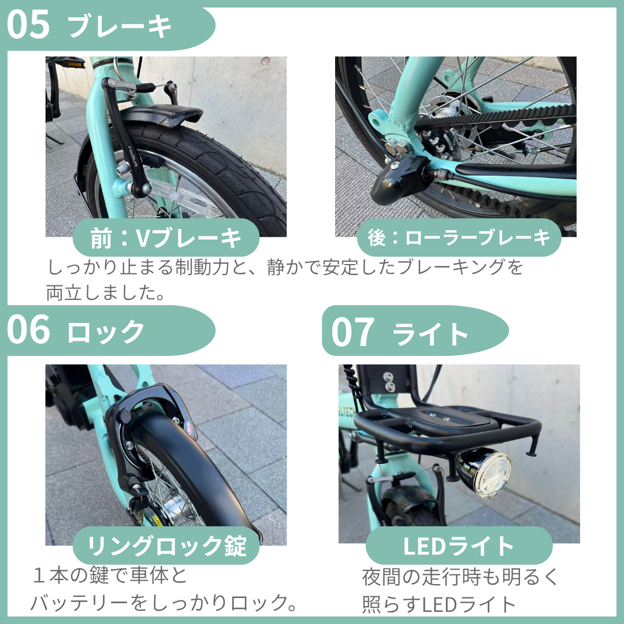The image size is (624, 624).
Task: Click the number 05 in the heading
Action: (x=29, y=25)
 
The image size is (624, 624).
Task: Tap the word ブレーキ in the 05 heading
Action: (x=120, y=27)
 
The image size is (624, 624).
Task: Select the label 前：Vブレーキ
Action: (x=166, y=238)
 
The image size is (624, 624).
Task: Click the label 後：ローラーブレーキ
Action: (x=459, y=237)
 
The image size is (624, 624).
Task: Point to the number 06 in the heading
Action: (x=29, y=330)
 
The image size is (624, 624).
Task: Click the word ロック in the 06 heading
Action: (x=106, y=332)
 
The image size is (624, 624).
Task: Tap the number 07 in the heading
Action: (x=352, y=332)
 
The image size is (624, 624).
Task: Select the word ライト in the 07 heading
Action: (x=430, y=333)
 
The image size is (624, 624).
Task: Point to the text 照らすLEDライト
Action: (x=439, y=604)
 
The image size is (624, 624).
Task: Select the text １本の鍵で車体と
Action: (x=110, y=576)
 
